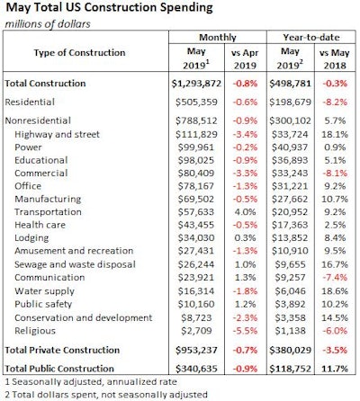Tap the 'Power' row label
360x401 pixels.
click(x=27, y=147)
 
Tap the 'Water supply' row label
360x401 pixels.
click(x=42, y=291)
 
